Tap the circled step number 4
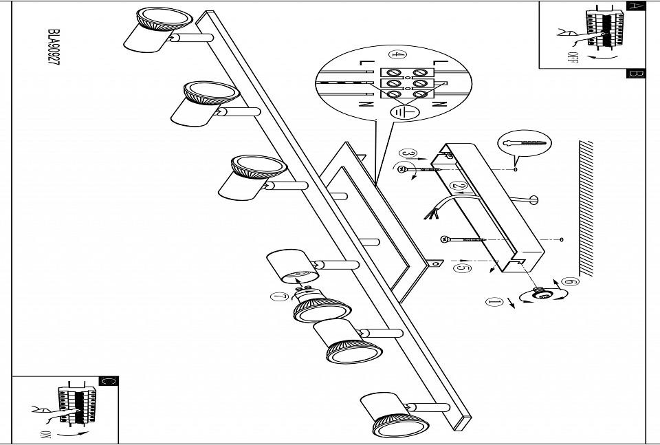pyautogui.click(x=395, y=54)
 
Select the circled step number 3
pyautogui.click(x=408, y=154)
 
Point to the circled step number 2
pyautogui.click(x=459, y=186)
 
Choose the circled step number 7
pyautogui.click(x=278, y=297)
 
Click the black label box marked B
pyautogui.click(x=636, y=74)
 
